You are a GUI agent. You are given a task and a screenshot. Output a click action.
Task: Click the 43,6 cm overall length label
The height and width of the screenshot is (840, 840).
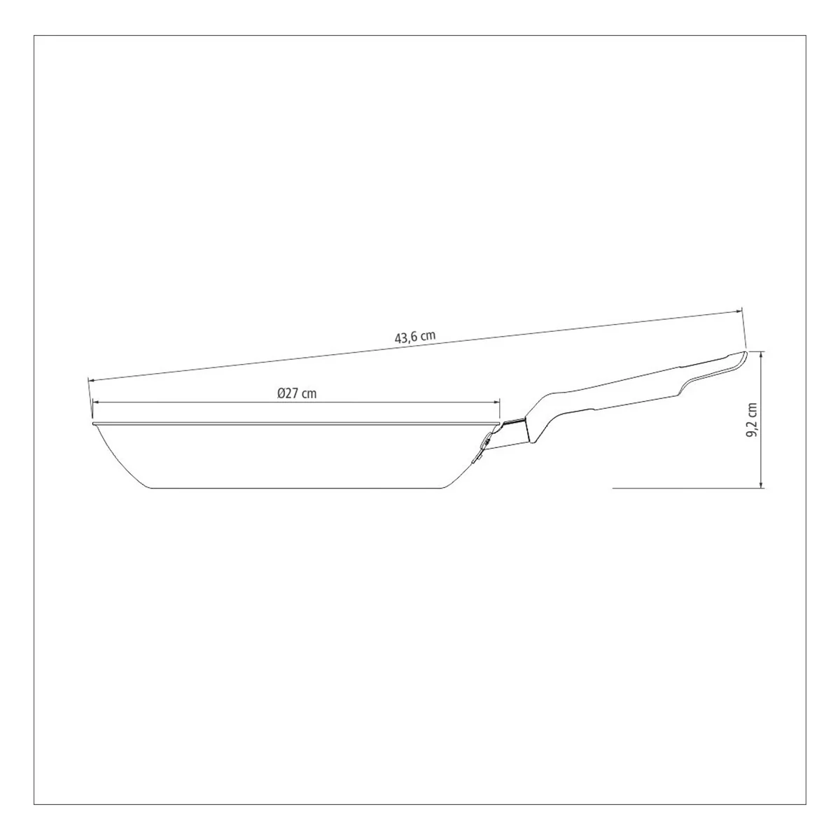(415, 337)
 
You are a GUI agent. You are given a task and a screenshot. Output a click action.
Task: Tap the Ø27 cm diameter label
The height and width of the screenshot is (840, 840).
(296, 393)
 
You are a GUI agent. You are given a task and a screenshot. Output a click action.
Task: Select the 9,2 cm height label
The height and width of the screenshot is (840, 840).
(752, 420)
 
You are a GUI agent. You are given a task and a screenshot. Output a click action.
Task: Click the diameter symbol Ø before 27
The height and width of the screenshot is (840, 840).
(281, 393)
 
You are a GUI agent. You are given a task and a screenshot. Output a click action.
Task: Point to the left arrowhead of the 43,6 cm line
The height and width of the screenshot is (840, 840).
(91, 380)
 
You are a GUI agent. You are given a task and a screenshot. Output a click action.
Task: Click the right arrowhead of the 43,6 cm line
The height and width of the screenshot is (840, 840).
(739, 311)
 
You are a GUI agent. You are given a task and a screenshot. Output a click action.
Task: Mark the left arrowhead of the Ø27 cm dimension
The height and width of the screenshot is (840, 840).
(95, 402)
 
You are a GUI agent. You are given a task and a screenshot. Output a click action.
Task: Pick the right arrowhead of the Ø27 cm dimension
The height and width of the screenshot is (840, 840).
(496, 402)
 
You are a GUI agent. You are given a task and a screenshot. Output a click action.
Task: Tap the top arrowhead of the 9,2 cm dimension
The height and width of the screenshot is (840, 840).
(761, 354)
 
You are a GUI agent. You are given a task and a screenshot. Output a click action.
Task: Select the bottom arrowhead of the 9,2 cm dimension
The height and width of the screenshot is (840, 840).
(761, 484)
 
